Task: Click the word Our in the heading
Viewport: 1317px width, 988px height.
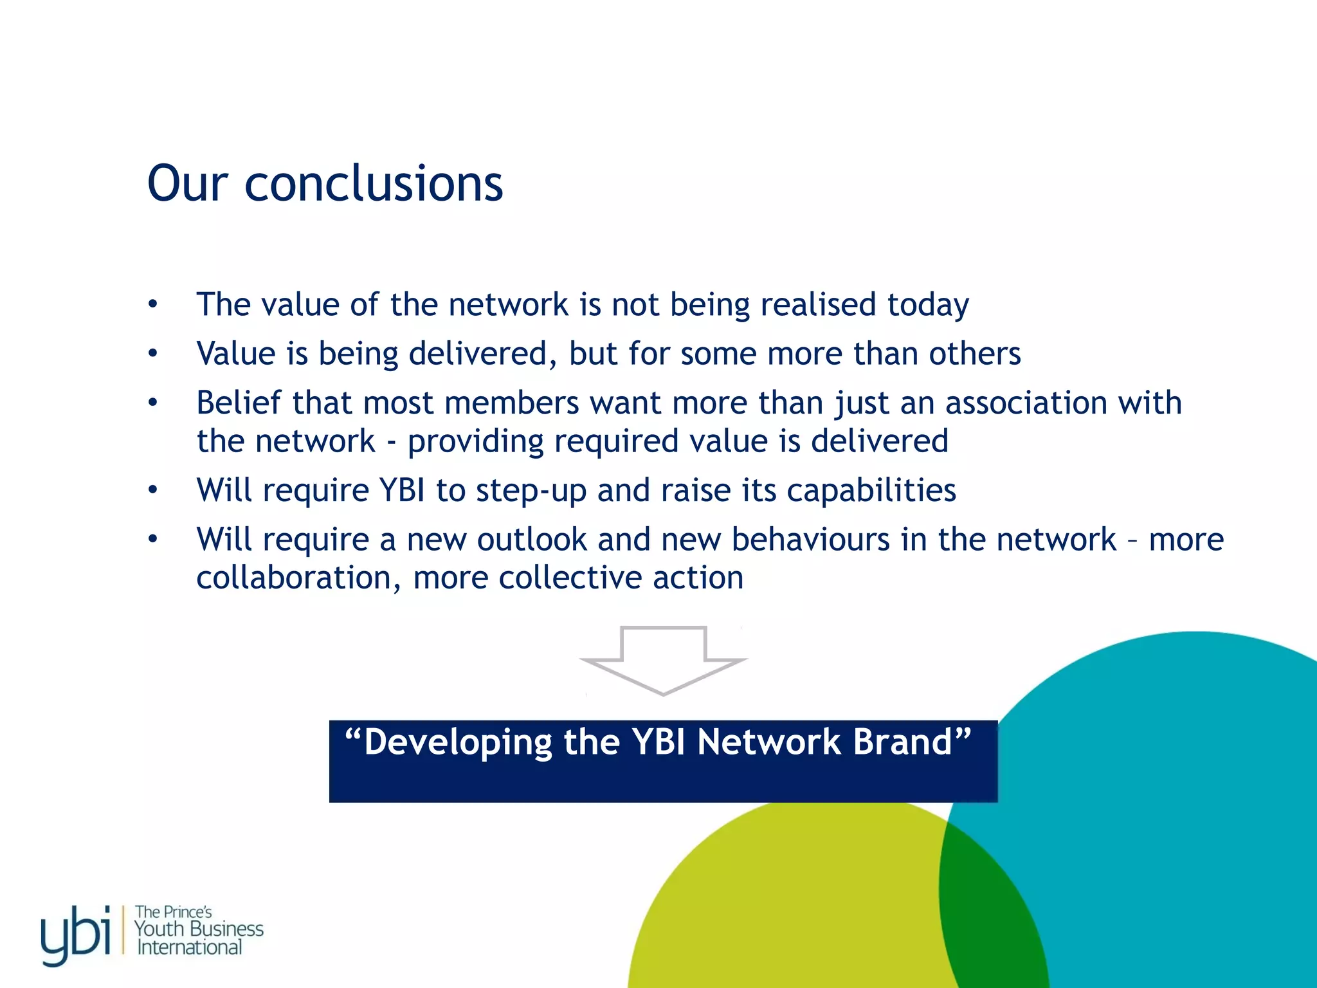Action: pyautogui.click(x=188, y=184)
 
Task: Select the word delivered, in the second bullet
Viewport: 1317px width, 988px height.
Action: pyautogui.click(x=483, y=353)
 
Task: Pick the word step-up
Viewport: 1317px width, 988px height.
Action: pyautogui.click(x=531, y=491)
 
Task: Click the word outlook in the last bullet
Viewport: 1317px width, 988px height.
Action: pyautogui.click(x=532, y=539)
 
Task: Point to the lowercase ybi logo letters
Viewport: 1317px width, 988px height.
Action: pyautogui.click(x=76, y=935)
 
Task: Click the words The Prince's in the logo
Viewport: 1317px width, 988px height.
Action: pyautogui.click(x=173, y=911)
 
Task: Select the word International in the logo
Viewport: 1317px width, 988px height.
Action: pyautogui.click(x=190, y=947)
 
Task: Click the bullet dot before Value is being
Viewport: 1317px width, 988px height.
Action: pyautogui.click(x=152, y=353)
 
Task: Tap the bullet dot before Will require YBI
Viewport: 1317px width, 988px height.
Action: pyautogui.click(x=152, y=491)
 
